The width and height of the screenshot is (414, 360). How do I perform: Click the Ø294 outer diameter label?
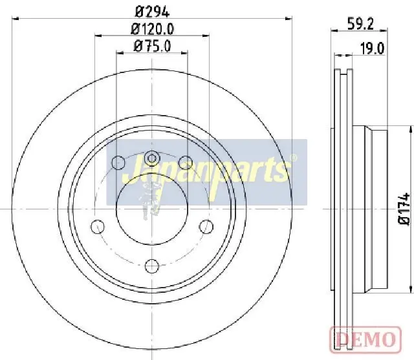pos(152,12)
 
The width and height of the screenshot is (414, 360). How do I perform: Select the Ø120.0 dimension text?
pos(153,29)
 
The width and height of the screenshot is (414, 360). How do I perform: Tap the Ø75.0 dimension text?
pos(153,46)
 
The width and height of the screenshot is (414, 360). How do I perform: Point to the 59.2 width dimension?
pos(360,25)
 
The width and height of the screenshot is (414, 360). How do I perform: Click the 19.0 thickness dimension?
pos(373,48)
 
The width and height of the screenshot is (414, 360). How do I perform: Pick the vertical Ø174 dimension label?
pos(404,209)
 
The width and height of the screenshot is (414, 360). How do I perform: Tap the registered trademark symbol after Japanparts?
pos(293,158)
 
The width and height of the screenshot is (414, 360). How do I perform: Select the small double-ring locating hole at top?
pos(152,158)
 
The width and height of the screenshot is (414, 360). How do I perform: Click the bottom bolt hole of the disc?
pos(152,266)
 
